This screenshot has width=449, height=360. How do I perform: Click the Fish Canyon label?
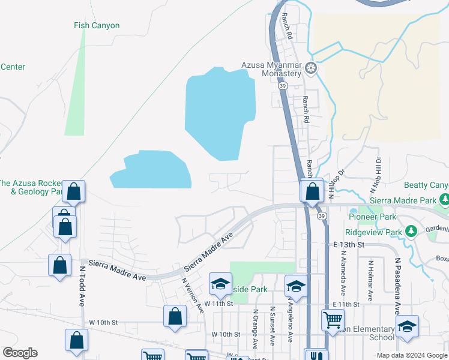pyautogui.click(x=97, y=26)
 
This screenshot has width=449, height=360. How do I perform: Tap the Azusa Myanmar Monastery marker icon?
pyautogui.click(x=311, y=67)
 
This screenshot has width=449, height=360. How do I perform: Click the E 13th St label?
pyautogui.click(x=349, y=245)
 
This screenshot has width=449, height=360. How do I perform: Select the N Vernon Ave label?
pyautogui.click(x=193, y=293)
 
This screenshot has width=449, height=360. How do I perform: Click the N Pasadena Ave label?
pyautogui.click(x=397, y=286)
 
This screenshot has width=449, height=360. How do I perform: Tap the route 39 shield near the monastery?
pyautogui.click(x=282, y=86)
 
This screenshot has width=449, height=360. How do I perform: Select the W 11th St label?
pyautogui.click(x=217, y=304)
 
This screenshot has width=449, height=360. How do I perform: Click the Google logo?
pyautogui.click(x=20, y=353)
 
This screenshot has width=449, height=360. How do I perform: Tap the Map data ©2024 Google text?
pyautogui.click(x=411, y=355)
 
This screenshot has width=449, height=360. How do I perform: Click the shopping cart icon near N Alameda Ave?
pyautogui.click(x=333, y=320)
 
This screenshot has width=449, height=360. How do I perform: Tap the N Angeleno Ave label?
pyautogui.click(x=289, y=321)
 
